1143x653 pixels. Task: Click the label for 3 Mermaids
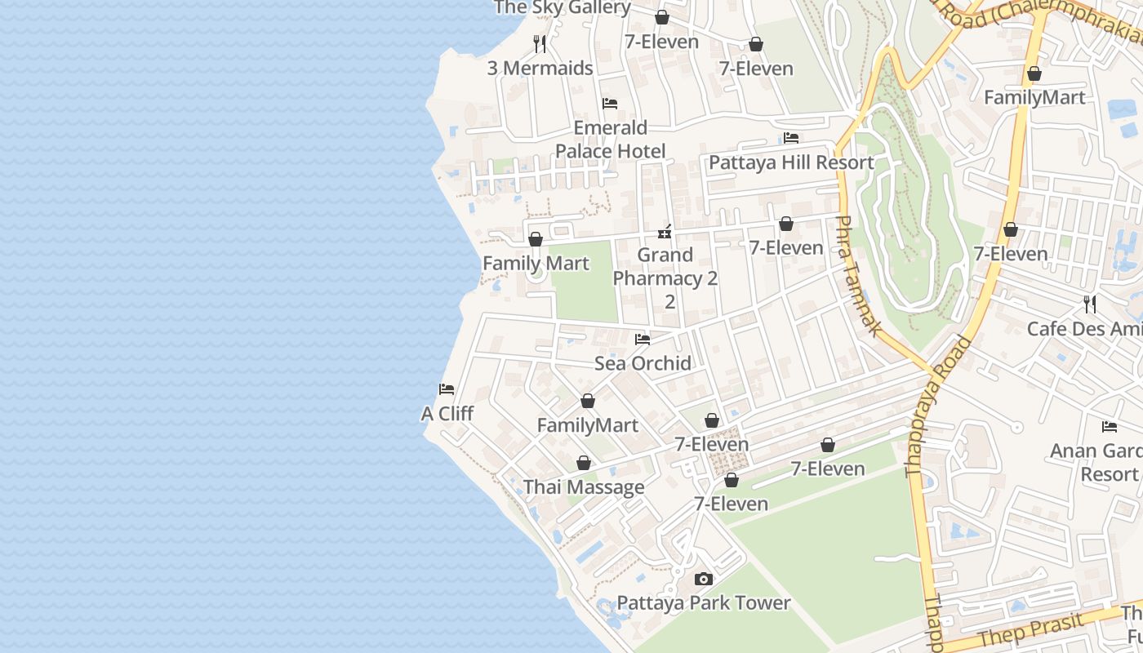coord(540,69)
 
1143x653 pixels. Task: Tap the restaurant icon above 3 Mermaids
coord(540,43)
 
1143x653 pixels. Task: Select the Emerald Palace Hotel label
coord(610,139)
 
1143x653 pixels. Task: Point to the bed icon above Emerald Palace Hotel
coord(610,104)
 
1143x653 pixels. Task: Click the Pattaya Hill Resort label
coord(791,162)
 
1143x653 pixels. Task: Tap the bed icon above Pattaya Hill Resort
coord(791,138)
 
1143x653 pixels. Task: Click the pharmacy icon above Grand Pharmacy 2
coord(665,232)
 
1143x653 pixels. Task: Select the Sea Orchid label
coord(643,363)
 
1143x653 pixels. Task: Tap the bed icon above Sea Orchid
coord(643,339)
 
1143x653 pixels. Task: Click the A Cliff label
coord(447,414)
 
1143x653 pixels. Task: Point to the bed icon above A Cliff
coord(447,389)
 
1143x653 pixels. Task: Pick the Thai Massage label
coord(584,487)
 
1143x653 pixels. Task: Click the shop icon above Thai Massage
coord(584,464)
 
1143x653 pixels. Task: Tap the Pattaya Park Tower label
coord(703,603)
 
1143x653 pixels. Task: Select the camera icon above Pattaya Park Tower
coord(703,580)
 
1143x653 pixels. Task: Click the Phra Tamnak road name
coord(859,276)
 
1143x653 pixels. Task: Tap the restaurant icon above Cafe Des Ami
coord(1090,304)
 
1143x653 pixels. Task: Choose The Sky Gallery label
coord(563,8)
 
